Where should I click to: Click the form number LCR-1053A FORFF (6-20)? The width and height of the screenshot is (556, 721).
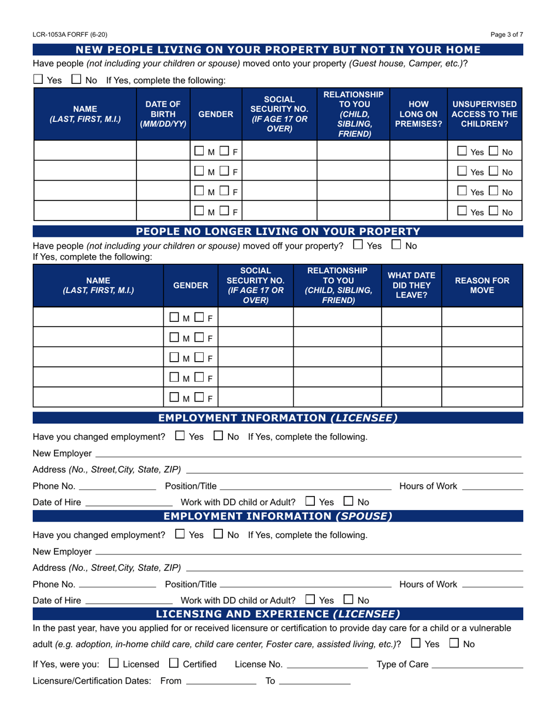[70, 35]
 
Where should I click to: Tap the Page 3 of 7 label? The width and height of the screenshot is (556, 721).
[507, 35]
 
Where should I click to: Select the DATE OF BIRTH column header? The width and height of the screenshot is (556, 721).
[163, 114]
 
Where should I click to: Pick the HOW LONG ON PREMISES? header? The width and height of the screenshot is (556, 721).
[418, 114]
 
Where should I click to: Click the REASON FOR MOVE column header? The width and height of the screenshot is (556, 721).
[482, 285]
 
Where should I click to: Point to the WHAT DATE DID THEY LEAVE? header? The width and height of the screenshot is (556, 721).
[411, 285]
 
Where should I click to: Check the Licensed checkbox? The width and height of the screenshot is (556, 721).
[114, 664]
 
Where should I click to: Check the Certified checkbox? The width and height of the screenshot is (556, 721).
[174, 664]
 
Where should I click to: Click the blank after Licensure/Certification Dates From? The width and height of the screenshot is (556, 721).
[221, 683]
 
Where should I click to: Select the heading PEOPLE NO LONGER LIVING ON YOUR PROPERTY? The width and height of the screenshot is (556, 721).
[277, 231]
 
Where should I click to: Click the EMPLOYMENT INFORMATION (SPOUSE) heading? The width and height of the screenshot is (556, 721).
[277, 516]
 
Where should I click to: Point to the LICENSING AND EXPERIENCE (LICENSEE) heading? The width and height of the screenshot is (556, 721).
[277, 614]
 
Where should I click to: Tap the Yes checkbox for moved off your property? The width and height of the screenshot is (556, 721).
[358, 245]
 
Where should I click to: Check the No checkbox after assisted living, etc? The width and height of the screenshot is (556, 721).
[454, 643]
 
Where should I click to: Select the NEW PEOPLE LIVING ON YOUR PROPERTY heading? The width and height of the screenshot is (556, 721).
[277, 50]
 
